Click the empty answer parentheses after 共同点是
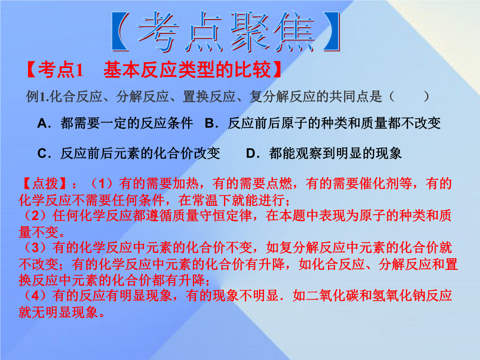409,97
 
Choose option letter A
42,124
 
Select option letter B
209,124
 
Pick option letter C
42,153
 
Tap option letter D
251,153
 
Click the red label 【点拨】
44,184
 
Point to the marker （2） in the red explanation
36,216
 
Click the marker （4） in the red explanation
36,296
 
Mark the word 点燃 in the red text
279,184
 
